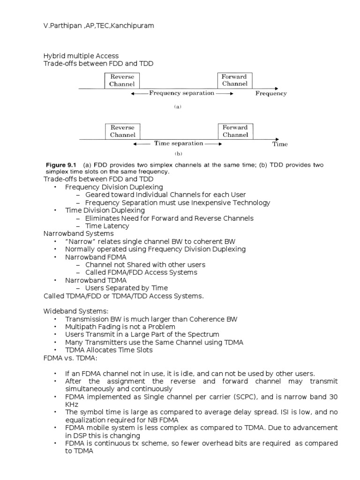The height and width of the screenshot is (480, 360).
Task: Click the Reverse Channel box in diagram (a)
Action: (122, 80)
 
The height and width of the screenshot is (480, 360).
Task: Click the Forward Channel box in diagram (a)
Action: (235, 80)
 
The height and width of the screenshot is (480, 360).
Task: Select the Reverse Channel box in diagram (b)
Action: (122, 131)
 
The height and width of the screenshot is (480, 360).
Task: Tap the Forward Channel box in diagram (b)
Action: (235, 131)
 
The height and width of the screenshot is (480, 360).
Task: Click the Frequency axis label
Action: (271, 93)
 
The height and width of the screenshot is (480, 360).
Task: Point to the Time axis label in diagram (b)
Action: (280, 144)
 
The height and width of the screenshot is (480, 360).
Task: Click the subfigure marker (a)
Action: (178, 107)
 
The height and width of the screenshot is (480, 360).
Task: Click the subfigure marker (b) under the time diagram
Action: (178, 154)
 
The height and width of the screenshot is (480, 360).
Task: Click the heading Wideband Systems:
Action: (69, 311)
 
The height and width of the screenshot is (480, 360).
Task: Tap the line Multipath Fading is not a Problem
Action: (120, 326)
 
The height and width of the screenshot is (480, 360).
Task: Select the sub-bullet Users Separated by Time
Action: (126, 288)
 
